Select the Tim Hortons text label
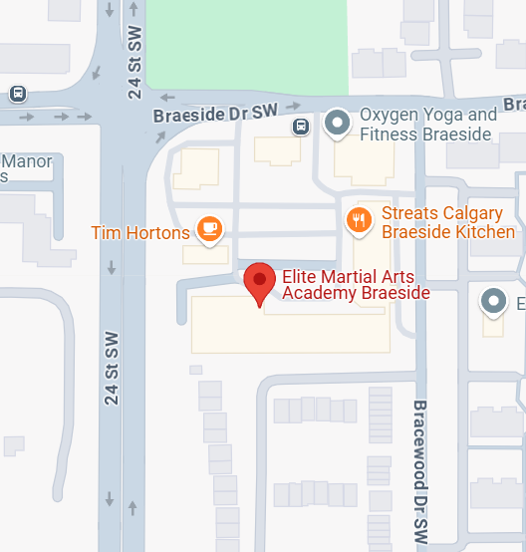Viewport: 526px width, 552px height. click(x=139, y=233)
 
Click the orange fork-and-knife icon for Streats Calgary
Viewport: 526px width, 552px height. click(x=360, y=219)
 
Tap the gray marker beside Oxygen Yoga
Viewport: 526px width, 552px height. click(x=340, y=124)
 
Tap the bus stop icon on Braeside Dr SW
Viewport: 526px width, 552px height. click(x=300, y=127)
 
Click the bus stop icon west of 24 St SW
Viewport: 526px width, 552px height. click(x=18, y=94)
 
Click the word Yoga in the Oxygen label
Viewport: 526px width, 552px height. click(x=441, y=116)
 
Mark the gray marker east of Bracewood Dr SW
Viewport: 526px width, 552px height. click(x=493, y=300)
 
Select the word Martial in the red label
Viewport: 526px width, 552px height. click(x=348, y=275)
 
